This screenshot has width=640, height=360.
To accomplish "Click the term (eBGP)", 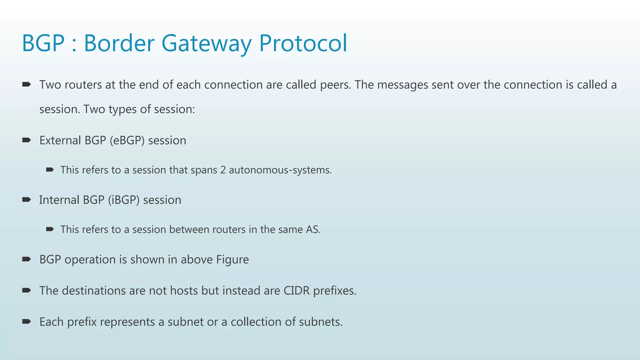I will (x=127, y=141).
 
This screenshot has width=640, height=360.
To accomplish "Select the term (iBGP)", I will (x=124, y=200).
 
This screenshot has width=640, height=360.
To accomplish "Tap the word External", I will (x=60, y=141).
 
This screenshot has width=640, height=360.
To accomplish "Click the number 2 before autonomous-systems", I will (x=223, y=170).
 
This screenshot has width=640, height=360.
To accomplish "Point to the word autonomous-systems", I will (x=280, y=170).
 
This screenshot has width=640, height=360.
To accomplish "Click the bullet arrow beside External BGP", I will (x=27, y=140).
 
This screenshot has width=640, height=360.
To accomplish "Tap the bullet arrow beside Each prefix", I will (x=27, y=322).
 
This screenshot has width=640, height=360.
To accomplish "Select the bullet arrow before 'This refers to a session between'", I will (x=50, y=229).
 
